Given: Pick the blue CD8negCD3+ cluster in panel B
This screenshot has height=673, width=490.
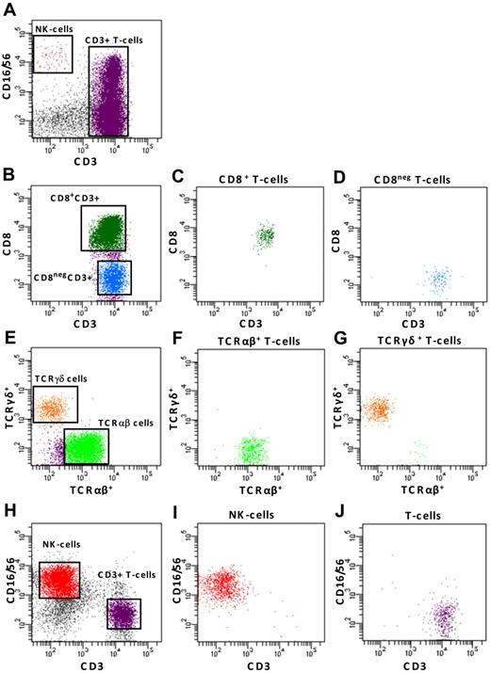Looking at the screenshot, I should click(x=109, y=277).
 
